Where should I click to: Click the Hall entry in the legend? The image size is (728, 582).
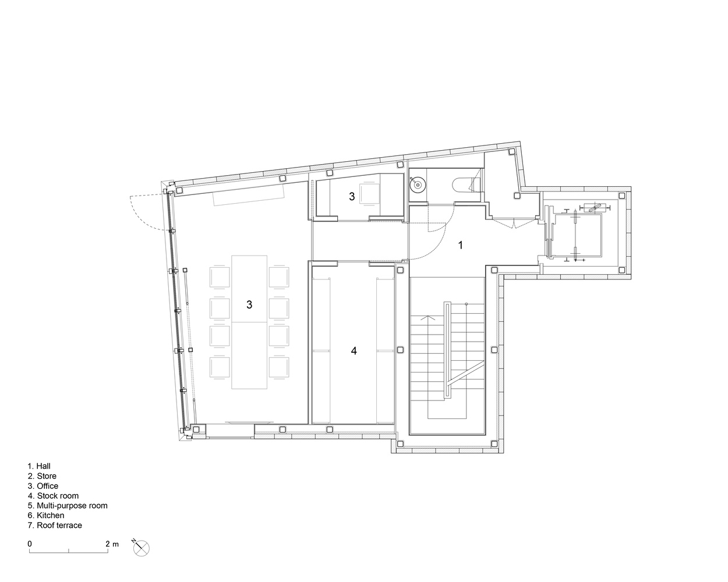pos(39,466)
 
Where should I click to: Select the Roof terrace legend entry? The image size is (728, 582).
pos(55,525)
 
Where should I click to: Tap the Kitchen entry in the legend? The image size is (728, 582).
pos(46,516)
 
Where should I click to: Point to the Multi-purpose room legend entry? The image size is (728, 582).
pos(68,506)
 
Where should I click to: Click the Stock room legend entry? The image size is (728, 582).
pos(53,496)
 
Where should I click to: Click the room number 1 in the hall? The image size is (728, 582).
pos(461,245)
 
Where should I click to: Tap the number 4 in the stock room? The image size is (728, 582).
pos(354,351)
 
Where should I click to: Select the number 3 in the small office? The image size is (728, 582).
pos(352,197)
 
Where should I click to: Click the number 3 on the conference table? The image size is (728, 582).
pos(249,305)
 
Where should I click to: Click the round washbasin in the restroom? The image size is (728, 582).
pos(418,185)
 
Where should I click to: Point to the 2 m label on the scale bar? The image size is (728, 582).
pos(112,544)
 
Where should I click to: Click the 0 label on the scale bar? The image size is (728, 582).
pos(30,544)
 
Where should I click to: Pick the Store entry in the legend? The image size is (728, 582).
pos(42,476)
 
